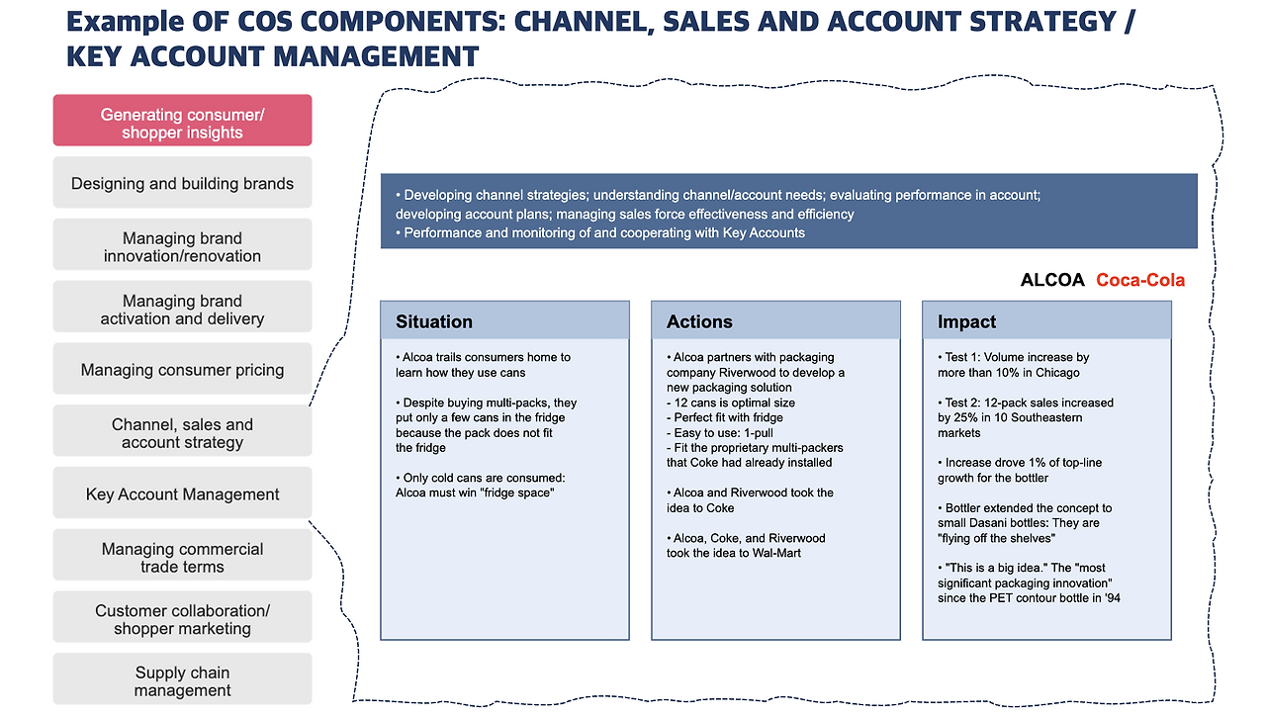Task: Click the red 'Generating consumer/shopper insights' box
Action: [182, 121]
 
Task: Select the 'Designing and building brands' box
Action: [182, 183]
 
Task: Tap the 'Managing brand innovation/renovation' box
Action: [182, 245]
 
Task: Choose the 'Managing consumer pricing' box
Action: [182, 370]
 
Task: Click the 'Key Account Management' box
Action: [182, 494]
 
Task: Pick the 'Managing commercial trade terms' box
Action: [182, 556]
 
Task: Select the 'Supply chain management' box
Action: [182, 680]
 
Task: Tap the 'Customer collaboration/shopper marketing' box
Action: [182, 618]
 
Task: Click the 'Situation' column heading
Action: [434, 321]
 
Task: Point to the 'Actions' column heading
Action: [699, 321]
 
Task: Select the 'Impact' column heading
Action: [966, 321]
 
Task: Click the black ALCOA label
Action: [1052, 280]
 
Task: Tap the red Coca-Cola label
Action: [1139, 280]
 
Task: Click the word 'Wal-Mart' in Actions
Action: [777, 553]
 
